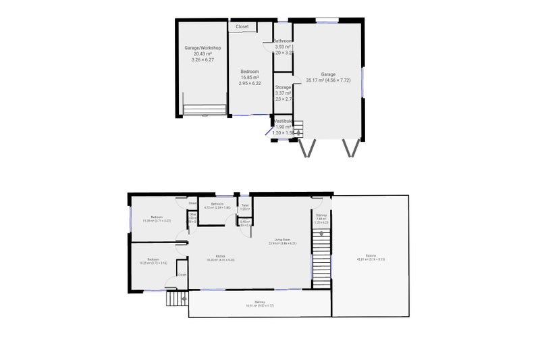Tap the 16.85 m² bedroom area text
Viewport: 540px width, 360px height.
pos(250,78)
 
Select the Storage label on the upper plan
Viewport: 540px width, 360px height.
pos(283,87)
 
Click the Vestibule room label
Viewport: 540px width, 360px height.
pos(283,121)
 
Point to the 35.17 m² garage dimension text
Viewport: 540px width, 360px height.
pos(328,80)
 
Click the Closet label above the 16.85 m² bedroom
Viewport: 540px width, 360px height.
pos(242,27)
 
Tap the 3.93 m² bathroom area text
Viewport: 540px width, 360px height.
pos(283,47)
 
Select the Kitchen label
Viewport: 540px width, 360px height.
pos(220,256)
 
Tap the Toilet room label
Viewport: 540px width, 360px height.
pos(245,205)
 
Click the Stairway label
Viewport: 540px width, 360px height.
pos(321,215)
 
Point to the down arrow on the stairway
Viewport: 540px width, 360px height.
pos(321,234)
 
